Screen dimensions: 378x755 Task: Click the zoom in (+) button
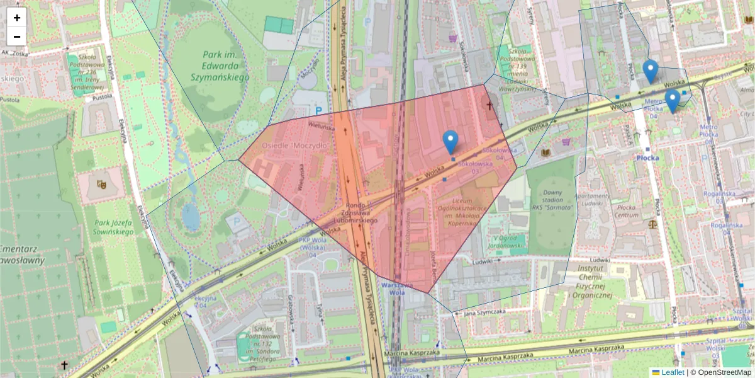pyautogui.click(x=17, y=18)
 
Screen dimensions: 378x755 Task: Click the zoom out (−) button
pyautogui.click(x=17, y=37)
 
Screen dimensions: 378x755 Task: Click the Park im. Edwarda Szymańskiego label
pyautogui.click(x=219, y=66)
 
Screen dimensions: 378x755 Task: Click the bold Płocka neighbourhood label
pyautogui.click(x=647, y=157)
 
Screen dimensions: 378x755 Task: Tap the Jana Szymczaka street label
pyautogui.click(x=484, y=312)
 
